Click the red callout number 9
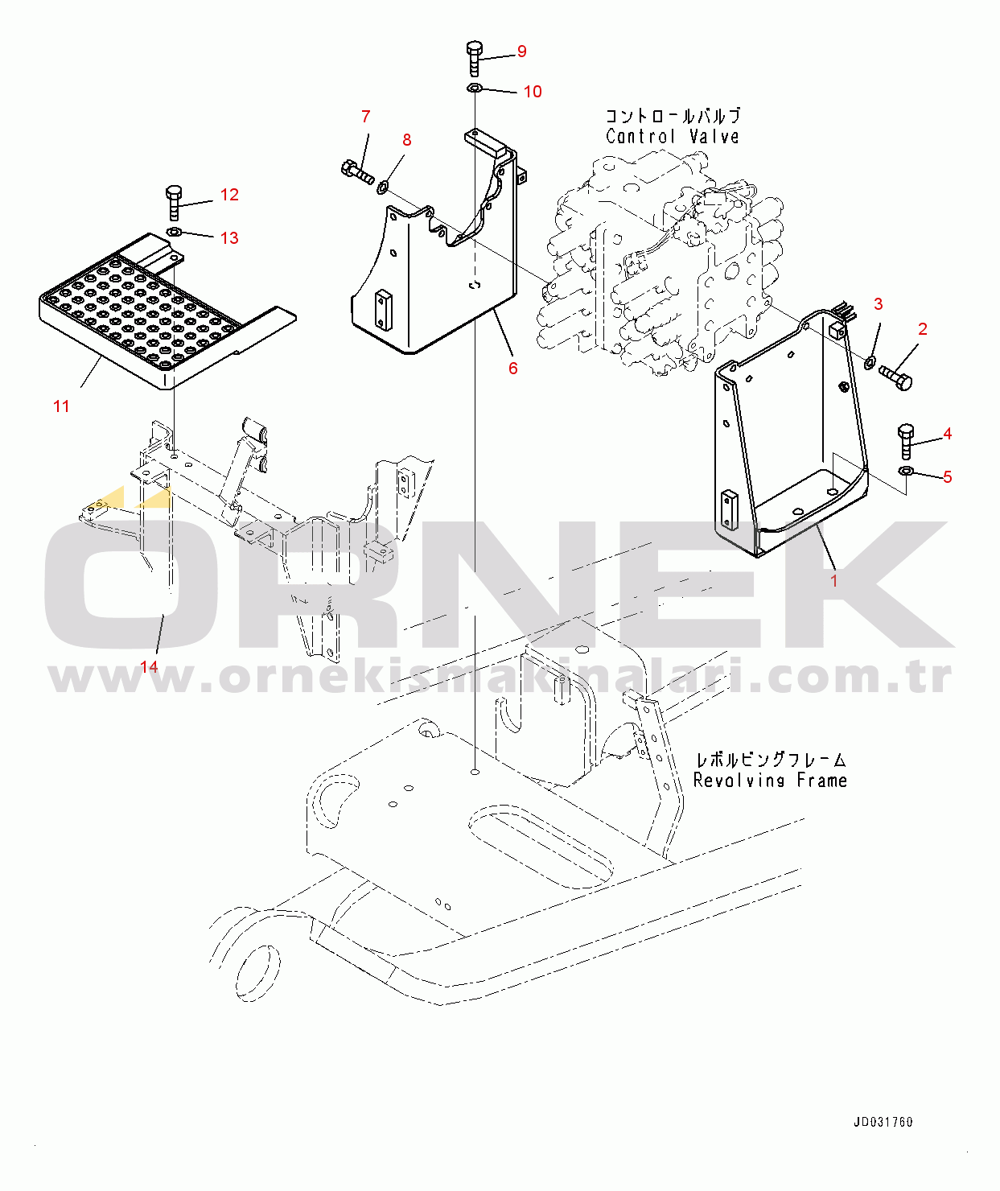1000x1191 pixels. (x=521, y=52)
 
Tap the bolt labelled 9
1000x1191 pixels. (x=474, y=58)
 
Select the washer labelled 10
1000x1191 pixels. (x=475, y=88)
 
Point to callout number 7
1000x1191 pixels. (x=366, y=117)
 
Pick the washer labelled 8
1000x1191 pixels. (x=383, y=186)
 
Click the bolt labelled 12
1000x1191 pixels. (x=174, y=203)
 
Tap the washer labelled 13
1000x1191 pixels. (x=174, y=232)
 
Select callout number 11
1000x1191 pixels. (x=61, y=406)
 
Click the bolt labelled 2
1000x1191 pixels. (x=895, y=377)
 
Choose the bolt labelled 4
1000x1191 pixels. (x=906, y=441)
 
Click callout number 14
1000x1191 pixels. (x=149, y=666)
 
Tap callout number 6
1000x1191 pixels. (x=512, y=369)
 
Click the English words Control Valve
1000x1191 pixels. (x=673, y=137)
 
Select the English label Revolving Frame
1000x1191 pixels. (x=770, y=781)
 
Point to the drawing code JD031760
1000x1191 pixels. (x=883, y=1122)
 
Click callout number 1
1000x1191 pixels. (x=834, y=581)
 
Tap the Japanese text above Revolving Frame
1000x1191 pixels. (x=771, y=760)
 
